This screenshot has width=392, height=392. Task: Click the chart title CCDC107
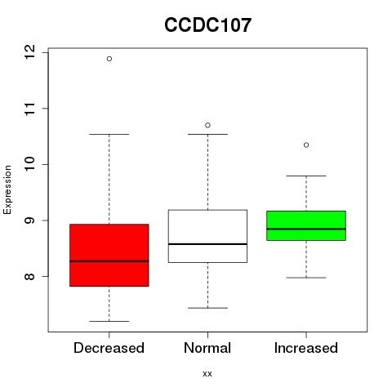[x=207, y=25]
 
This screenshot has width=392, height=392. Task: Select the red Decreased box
[x=109, y=255]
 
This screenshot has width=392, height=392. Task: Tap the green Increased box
[x=306, y=225]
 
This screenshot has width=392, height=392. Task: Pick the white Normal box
[x=207, y=236]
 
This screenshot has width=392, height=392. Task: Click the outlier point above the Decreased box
[x=109, y=59]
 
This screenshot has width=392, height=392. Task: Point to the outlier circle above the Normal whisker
[x=207, y=125]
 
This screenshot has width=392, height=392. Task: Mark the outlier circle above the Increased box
[x=306, y=145]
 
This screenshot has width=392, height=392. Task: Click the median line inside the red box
[x=109, y=261]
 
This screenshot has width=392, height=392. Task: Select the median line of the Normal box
[x=207, y=244]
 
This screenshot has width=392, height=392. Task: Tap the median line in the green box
[x=306, y=229]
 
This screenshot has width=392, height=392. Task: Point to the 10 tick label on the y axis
[x=29, y=164]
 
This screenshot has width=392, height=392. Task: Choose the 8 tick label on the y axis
[x=29, y=276]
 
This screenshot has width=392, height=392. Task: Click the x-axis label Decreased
[x=109, y=348]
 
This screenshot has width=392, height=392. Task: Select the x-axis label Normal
[x=207, y=348]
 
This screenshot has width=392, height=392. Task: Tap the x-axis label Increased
[x=306, y=348]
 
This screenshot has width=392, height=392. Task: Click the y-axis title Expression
[x=7, y=190]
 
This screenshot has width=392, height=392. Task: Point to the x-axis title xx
[x=207, y=374]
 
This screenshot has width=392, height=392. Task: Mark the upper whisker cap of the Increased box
[x=306, y=176]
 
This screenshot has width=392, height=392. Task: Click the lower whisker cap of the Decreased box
[x=109, y=321]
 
